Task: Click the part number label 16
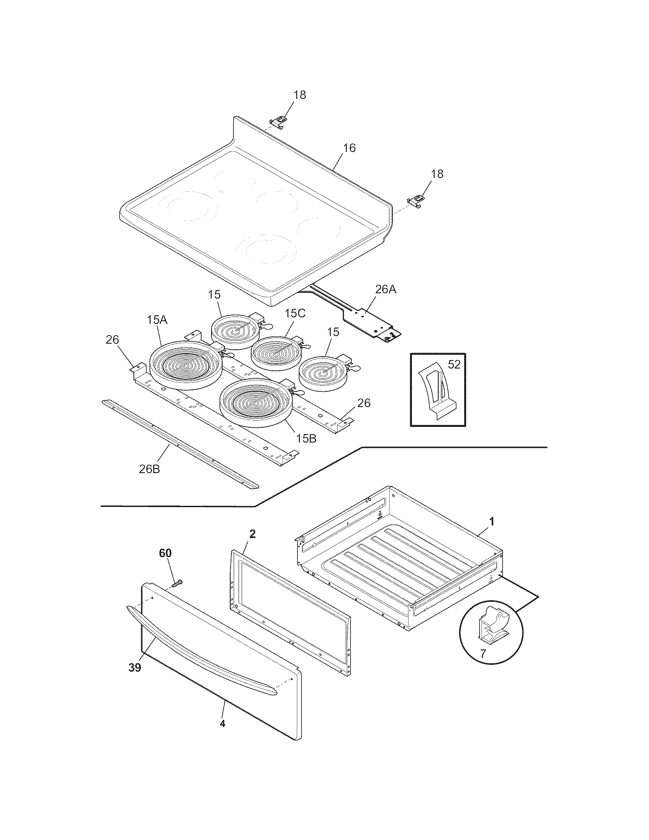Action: tap(349, 148)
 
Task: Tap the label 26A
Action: tap(385, 289)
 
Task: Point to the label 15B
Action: tap(306, 438)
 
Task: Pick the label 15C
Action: tap(295, 313)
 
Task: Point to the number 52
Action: tap(454, 364)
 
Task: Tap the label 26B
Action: tap(149, 469)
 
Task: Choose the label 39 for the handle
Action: tap(134, 667)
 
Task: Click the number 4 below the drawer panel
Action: tap(222, 724)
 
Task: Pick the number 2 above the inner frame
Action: tap(252, 534)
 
